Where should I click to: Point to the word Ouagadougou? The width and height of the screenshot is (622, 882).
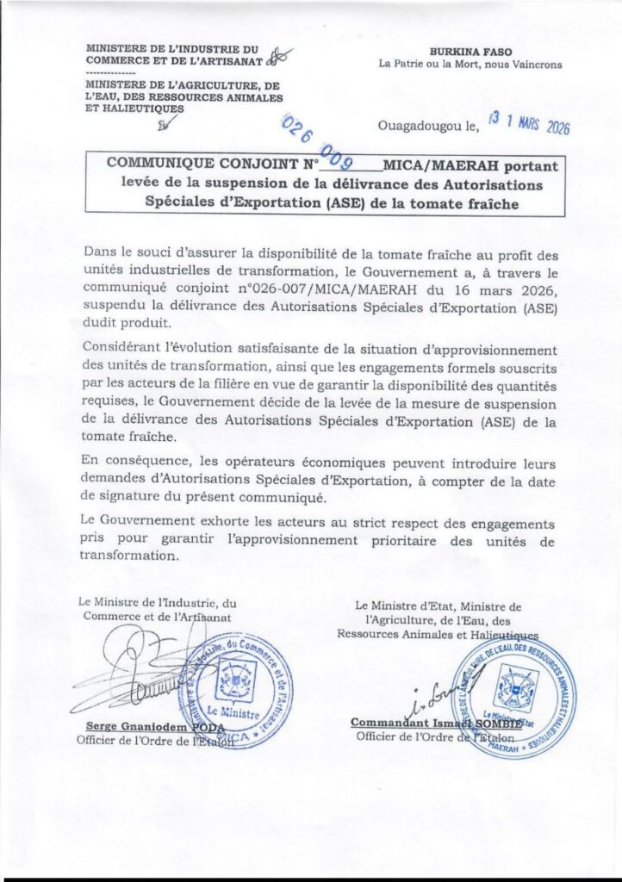420,128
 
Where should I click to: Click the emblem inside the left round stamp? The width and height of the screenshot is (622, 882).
233,678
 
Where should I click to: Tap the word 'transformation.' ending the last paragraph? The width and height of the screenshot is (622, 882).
129,556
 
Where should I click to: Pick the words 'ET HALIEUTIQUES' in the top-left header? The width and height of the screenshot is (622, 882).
134,109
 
